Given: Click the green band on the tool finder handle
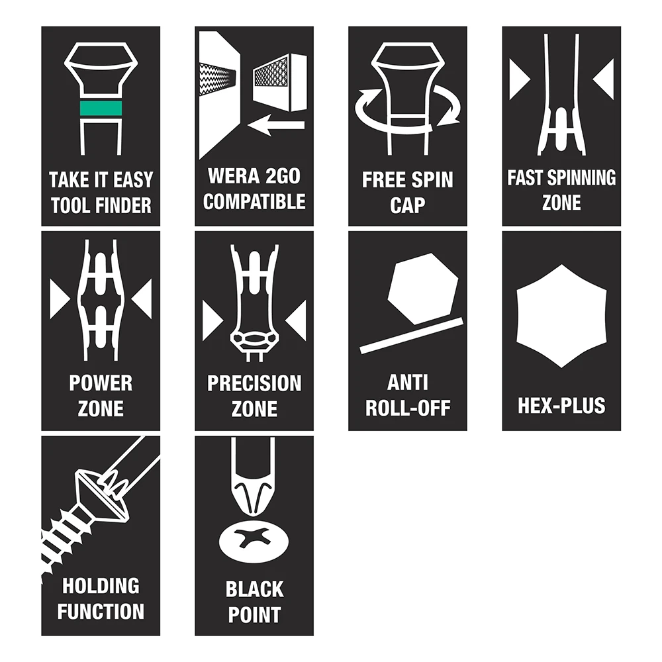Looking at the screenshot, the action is coord(101,108).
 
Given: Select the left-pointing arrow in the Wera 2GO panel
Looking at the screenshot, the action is coord(275,124).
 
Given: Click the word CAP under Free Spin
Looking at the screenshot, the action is coord(407,205).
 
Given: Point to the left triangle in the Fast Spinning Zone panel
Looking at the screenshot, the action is coord(519,79).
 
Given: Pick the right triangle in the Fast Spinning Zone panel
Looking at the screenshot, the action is coord(604,79).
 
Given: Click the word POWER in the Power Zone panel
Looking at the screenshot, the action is coord(101,383).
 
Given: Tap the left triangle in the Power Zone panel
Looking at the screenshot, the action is coord(60,299).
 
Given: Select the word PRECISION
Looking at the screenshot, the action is coord(254,383).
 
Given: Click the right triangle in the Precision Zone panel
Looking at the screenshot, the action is coord(297,321).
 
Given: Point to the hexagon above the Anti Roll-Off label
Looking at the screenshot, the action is coord(422,289).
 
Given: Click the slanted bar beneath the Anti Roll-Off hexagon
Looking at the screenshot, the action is coord(412,336).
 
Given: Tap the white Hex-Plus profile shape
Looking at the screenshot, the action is coord(561,316).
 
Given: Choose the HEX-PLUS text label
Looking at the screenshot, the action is coord(561,405).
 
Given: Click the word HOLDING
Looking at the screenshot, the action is coord(101,586).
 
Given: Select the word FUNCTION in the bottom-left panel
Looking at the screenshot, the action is coord(101,611).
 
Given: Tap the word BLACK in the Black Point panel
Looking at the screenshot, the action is coord(254,589).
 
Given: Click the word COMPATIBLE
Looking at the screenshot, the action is coord(254,202).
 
